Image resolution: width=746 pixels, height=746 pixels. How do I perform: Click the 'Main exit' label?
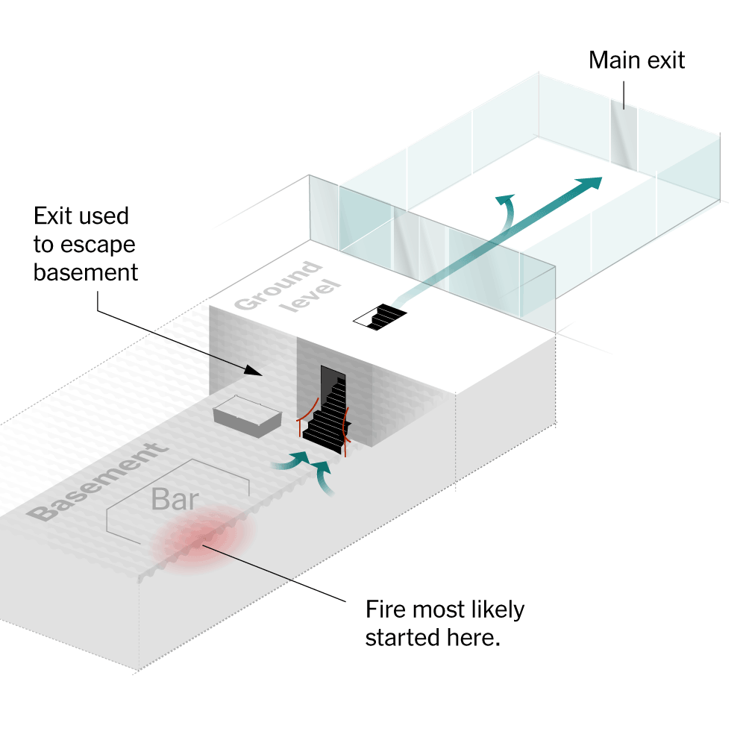[x=636, y=60]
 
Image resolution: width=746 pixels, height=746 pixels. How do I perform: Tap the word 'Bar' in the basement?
[x=176, y=498]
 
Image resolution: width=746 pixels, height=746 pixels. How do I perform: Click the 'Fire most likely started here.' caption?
[x=445, y=624]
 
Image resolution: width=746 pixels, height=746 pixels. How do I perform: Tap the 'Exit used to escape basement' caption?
[x=86, y=244]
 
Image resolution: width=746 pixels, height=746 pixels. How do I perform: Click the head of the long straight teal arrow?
[x=592, y=183]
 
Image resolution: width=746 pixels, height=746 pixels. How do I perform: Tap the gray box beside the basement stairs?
[x=245, y=417]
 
